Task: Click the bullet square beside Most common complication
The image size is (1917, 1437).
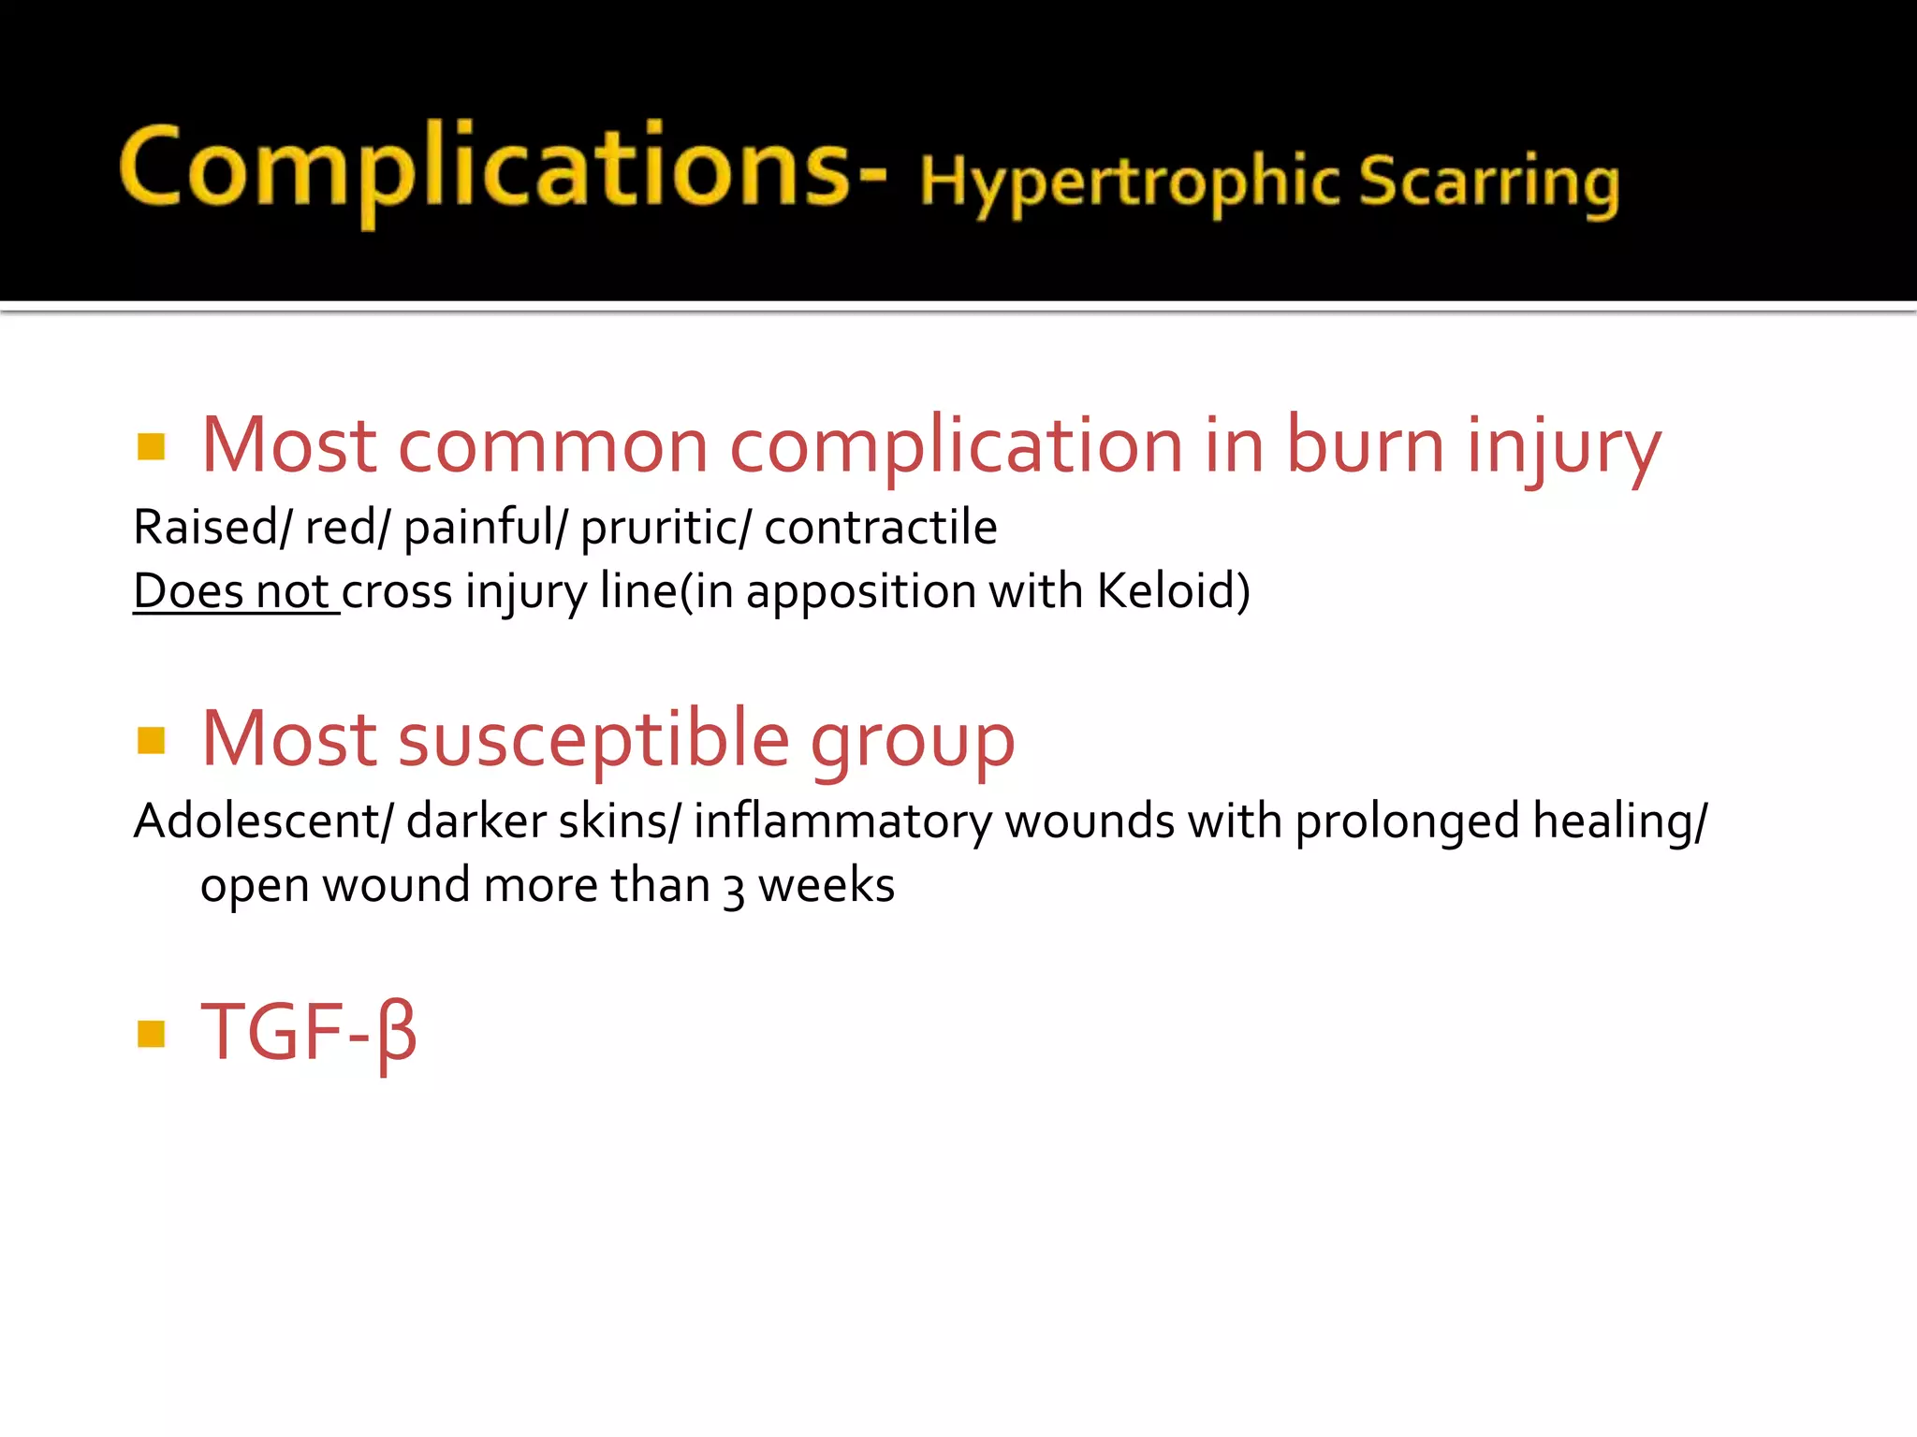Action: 151,446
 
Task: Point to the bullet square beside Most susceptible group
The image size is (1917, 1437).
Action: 151,740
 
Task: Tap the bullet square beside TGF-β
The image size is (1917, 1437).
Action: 151,1034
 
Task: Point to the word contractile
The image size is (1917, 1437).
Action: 880,527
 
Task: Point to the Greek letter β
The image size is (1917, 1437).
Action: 397,1034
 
